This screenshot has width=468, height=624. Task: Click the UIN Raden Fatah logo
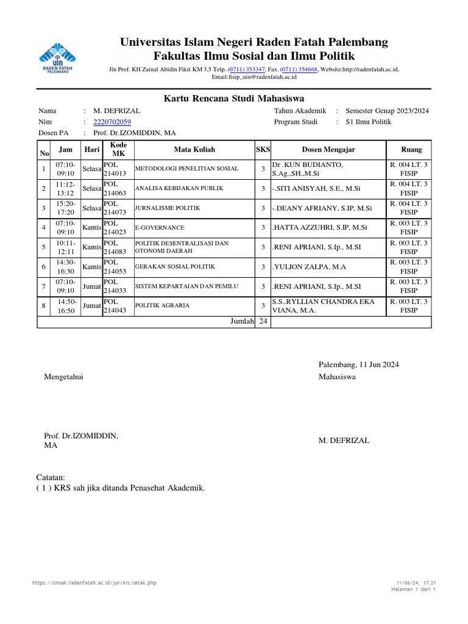click(x=59, y=58)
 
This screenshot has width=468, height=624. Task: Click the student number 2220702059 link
click(x=112, y=122)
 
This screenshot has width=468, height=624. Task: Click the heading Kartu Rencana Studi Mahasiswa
click(x=234, y=99)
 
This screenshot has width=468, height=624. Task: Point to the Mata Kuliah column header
click(x=194, y=150)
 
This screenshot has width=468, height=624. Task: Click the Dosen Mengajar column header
click(x=328, y=150)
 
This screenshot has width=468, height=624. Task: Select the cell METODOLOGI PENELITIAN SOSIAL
click(x=186, y=169)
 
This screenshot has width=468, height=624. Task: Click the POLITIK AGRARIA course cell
click(x=162, y=306)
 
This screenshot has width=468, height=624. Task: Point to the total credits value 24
click(x=263, y=322)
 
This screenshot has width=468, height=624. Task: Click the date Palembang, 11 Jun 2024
click(x=358, y=364)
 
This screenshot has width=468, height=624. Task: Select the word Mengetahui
click(x=63, y=377)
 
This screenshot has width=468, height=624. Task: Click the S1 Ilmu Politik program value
click(x=369, y=122)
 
